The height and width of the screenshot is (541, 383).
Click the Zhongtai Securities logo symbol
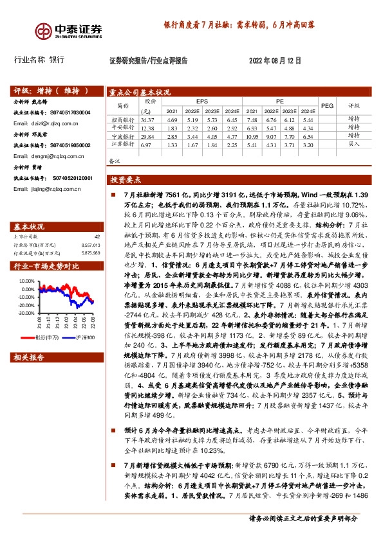pos(44,30)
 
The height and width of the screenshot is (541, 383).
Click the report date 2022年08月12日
pos(274,60)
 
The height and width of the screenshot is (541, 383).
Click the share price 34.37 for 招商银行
pos(148,120)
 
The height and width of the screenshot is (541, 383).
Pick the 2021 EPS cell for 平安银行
pos(171,129)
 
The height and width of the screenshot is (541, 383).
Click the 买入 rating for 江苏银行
pos(353,145)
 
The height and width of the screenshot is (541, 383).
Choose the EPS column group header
pos(202,101)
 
